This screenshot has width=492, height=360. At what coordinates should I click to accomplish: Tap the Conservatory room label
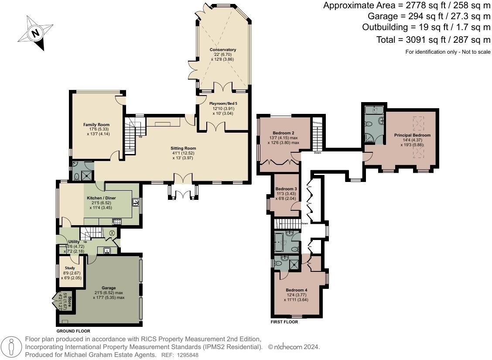(223, 50)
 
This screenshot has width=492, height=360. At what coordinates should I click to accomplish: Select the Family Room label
(96, 125)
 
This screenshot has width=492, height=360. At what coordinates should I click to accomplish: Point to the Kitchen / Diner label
(103, 198)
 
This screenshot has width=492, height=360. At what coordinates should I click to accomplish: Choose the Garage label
(109, 288)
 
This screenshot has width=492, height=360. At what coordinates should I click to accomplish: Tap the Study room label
(70, 268)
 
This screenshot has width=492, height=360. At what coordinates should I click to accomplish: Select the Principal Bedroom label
(412, 135)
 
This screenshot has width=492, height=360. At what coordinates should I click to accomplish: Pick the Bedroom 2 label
(284, 133)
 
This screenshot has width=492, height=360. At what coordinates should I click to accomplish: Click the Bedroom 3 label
(286, 189)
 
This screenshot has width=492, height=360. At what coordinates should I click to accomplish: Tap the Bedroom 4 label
(297, 290)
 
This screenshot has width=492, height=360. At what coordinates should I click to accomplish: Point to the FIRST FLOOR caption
(284, 322)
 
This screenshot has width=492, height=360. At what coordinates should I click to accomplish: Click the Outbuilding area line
(426, 27)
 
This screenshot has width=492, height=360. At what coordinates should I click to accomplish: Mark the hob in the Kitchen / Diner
(116, 221)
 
